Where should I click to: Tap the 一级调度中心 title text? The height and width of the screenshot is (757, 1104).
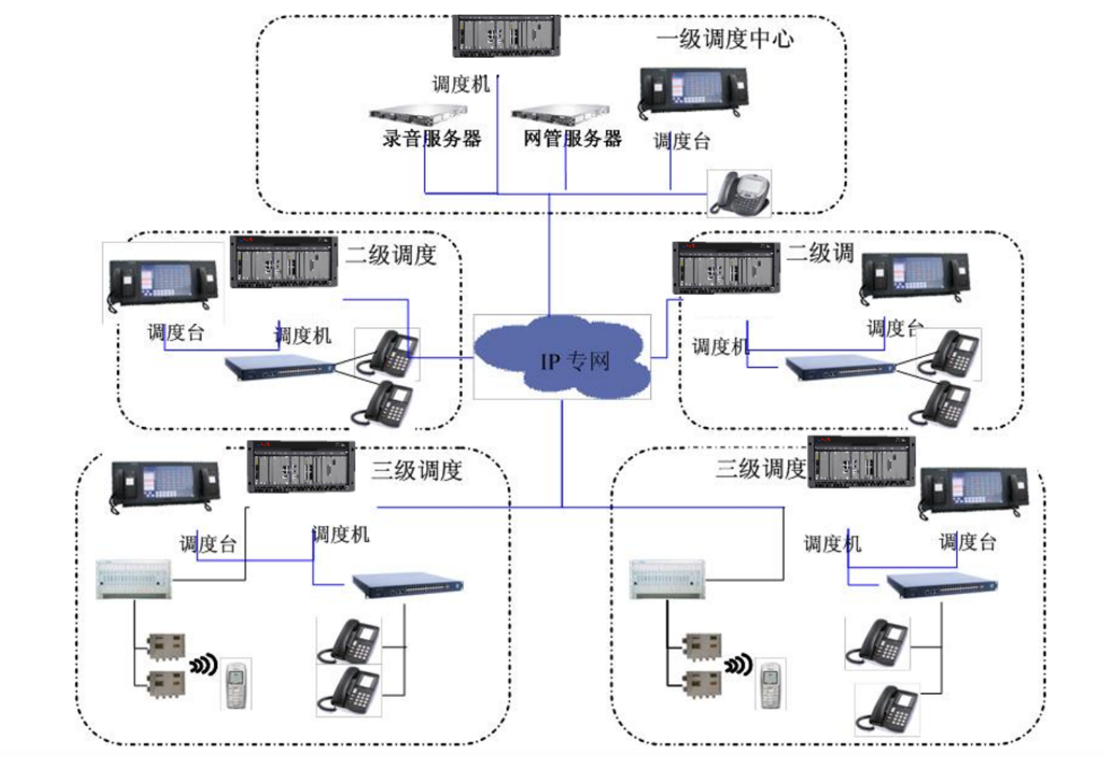(x=724, y=39)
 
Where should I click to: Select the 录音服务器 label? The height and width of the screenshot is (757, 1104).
(x=431, y=139)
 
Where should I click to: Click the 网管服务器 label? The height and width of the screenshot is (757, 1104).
(x=572, y=139)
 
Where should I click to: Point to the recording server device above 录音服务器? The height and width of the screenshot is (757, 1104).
(x=418, y=114)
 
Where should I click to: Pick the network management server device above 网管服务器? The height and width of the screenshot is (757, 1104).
(x=561, y=114)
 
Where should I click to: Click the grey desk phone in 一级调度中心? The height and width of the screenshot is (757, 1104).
(x=740, y=192)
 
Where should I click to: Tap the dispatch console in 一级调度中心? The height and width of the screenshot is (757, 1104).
(x=693, y=91)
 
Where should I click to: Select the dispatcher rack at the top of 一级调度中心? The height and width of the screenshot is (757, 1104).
(x=506, y=36)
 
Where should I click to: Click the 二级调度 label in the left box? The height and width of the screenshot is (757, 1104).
(x=391, y=254)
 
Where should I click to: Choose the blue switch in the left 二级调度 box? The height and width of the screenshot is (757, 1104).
(x=279, y=367)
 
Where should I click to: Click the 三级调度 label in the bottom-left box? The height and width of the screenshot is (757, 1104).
(x=416, y=470)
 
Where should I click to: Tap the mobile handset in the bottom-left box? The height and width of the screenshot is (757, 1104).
(x=236, y=685)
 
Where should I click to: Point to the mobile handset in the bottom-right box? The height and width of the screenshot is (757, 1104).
(x=770, y=685)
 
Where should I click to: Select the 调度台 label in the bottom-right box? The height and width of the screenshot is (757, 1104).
(x=967, y=542)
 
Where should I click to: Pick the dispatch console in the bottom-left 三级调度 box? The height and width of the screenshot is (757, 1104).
(x=165, y=486)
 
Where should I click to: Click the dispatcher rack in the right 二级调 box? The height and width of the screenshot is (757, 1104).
(x=726, y=268)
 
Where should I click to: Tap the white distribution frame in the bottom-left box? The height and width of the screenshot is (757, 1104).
(x=134, y=578)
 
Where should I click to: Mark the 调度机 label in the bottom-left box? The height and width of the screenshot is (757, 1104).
(x=341, y=534)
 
